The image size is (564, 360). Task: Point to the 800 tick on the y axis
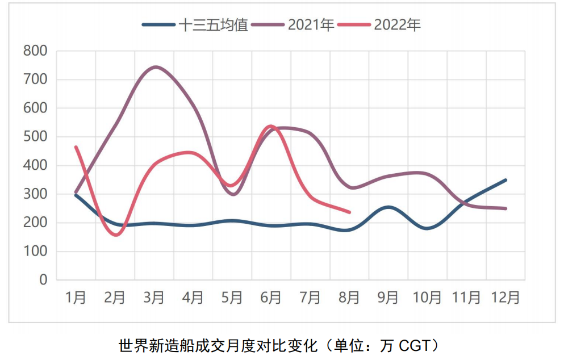pos(35,51)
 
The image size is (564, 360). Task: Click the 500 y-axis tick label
pos(35,137)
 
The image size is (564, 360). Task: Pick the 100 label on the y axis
pos(35,252)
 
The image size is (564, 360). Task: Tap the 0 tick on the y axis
pos(43,280)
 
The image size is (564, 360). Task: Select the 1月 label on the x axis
pos(76,298)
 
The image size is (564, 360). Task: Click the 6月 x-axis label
pos(271,298)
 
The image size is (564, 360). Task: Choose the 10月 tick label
pos(427,298)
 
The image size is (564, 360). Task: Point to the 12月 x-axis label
pos(505,298)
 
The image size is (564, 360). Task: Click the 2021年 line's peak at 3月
pos(154,67)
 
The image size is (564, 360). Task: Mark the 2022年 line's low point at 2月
pos(116,235)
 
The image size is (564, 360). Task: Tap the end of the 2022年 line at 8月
pos(349,212)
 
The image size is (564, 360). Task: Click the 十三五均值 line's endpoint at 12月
pos(505,180)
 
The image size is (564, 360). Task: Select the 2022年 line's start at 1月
pos(76,147)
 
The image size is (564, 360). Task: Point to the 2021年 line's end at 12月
pos(505,208)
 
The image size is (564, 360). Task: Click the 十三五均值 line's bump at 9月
pos(388,207)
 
